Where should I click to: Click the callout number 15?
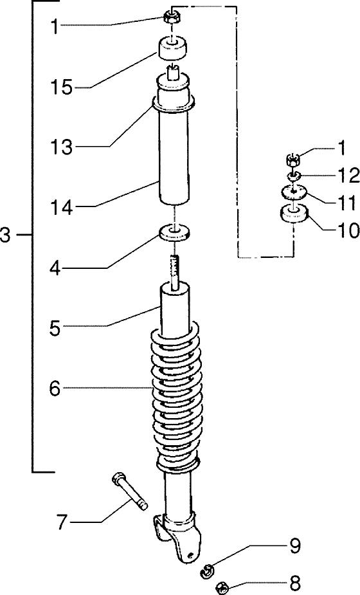[61, 87]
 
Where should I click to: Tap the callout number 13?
[61, 147]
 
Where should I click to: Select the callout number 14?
[61, 207]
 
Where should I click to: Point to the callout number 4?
[55, 268]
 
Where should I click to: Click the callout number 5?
[55, 328]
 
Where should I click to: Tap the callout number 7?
[62, 522]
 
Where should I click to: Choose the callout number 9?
[295, 546]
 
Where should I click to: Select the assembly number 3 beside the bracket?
[6, 235]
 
